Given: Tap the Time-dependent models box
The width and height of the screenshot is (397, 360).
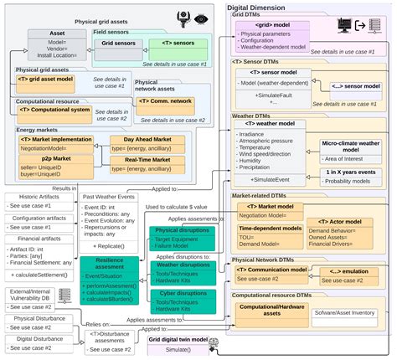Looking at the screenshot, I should (x=270, y=228).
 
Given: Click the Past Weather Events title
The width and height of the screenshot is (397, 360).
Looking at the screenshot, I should (x=109, y=196).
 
